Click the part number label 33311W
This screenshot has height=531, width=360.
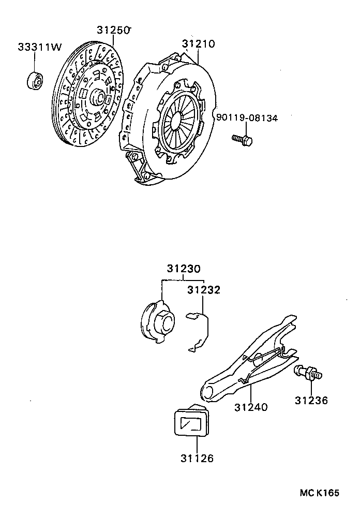click(x=40, y=47)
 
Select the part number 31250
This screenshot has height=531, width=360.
click(x=112, y=31)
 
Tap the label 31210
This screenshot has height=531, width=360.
click(x=198, y=44)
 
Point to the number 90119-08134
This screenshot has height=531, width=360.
click(x=247, y=118)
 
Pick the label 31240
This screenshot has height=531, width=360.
click(x=250, y=407)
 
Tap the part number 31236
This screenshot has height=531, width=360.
click(x=311, y=400)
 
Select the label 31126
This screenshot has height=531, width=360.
click(x=197, y=458)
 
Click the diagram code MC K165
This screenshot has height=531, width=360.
click(x=319, y=493)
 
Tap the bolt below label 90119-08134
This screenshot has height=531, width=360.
click(x=242, y=139)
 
